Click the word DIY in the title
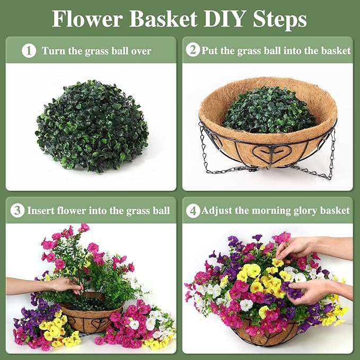click(x=223, y=19)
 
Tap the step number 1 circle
click(x=29, y=51)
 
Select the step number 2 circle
click(x=193, y=50)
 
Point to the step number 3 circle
click(x=17, y=210)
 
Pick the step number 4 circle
click(x=193, y=210)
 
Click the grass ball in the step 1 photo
click(x=92, y=126)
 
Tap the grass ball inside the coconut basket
click(x=269, y=110)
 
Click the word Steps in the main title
click(x=279, y=20)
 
